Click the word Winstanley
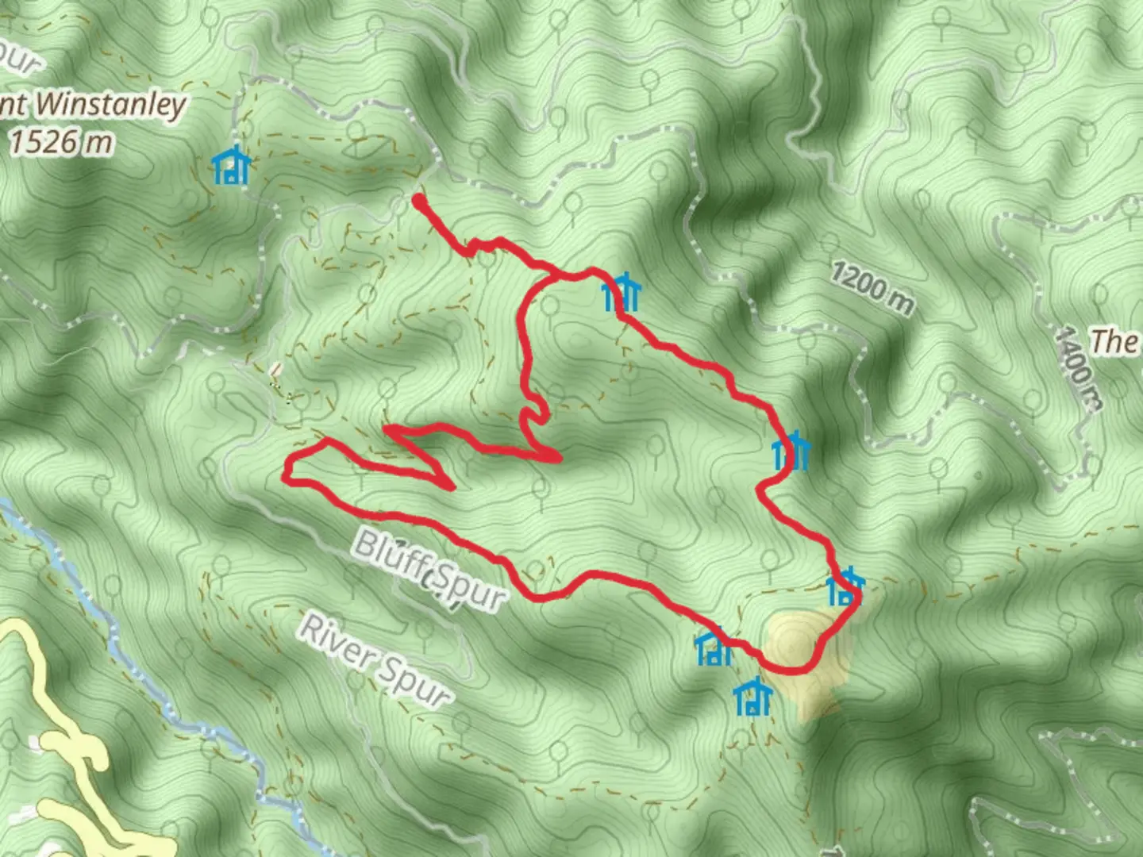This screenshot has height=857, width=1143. point(111,105)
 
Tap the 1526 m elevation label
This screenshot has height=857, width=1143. point(62,143)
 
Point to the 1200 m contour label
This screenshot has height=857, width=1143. point(872,287)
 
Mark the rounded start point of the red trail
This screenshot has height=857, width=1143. point(418,202)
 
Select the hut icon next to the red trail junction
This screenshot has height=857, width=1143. point(621,293)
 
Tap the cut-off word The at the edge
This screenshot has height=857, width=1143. point(1115,342)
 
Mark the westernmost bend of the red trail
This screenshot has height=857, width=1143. point(287,475)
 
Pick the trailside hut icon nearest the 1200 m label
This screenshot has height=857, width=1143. point(791,452)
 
